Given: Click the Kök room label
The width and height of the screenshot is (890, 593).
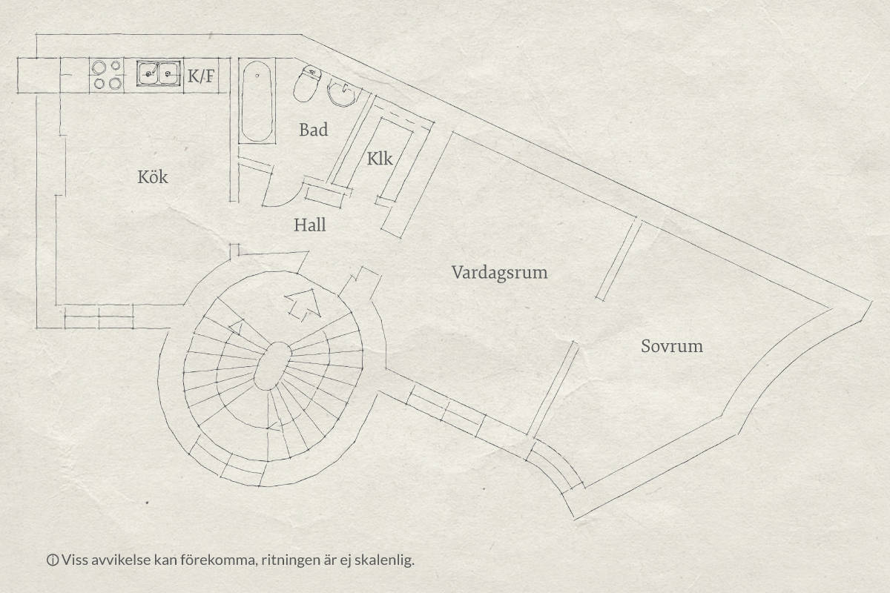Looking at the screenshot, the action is pyautogui.click(x=153, y=176).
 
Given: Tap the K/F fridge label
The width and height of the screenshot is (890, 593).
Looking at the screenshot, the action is pyautogui.click(x=201, y=76).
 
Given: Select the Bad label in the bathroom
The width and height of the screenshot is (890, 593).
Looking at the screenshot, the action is pyautogui.click(x=314, y=130).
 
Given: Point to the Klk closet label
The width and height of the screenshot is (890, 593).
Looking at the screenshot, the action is pyautogui.click(x=380, y=159).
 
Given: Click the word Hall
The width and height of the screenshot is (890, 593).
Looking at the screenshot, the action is pyautogui.click(x=310, y=225).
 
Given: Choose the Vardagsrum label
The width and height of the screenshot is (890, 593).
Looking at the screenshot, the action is pyautogui.click(x=499, y=273).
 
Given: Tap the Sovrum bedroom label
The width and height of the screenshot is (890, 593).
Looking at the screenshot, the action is pyautogui.click(x=672, y=346).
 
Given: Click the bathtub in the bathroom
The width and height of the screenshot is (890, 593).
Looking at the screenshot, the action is pyautogui.click(x=257, y=101).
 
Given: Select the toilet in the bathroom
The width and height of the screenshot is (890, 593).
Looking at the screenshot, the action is pyautogui.click(x=307, y=84).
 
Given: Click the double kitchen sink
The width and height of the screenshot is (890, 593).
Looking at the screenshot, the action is pyautogui.click(x=159, y=73).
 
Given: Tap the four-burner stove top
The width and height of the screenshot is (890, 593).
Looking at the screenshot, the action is pyautogui.click(x=107, y=75).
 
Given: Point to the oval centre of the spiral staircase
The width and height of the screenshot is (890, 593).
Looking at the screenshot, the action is pyautogui.click(x=273, y=366).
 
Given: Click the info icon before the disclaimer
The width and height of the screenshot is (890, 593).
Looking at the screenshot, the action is pyautogui.click(x=53, y=560).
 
